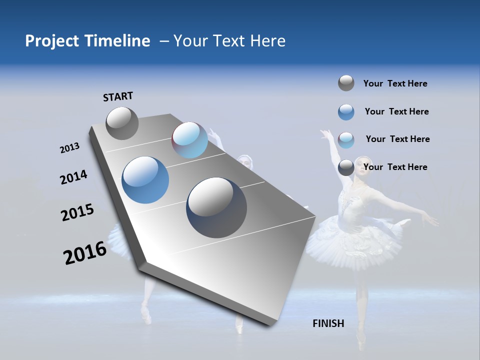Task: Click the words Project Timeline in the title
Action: click(x=87, y=41)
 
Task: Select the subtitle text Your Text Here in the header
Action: click(x=229, y=41)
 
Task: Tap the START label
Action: click(x=118, y=96)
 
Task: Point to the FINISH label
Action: click(x=328, y=323)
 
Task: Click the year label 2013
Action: click(x=69, y=148)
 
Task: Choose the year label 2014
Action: click(x=73, y=177)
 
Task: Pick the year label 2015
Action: click(x=77, y=212)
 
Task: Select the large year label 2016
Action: click(x=85, y=253)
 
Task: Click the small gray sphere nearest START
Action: click(x=122, y=123)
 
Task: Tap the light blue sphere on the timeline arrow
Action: click(x=189, y=140)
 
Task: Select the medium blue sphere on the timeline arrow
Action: click(x=145, y=180)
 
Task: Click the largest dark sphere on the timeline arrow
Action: click(x=216, y=207)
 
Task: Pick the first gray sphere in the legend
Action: click(x=346, y=83)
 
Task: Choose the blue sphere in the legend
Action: click(x=346, y=112)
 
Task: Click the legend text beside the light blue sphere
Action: click(x=397, y=139)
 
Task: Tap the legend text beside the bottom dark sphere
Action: click(x=395, y=167)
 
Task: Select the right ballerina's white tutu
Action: click(x=355, y=240)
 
